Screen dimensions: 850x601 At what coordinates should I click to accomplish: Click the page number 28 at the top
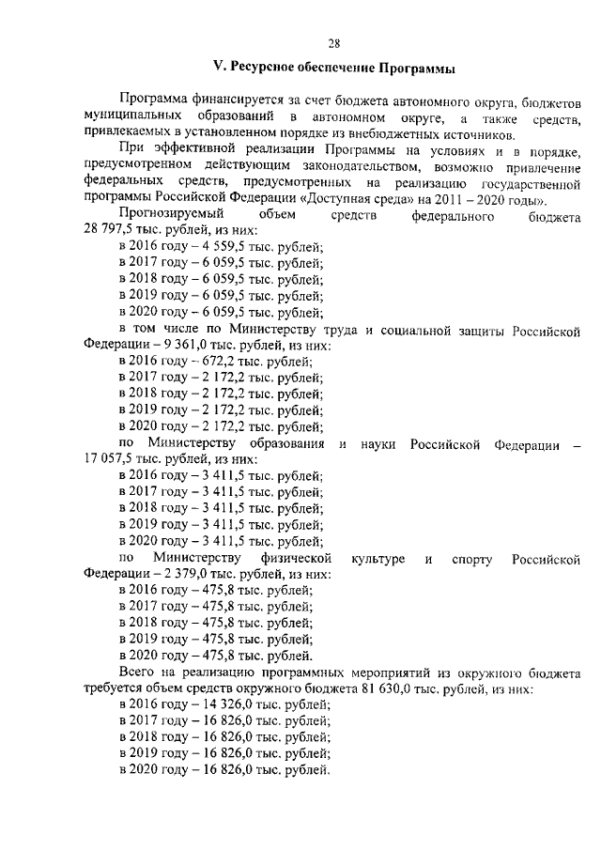pyautogui.click(x=334, y=42)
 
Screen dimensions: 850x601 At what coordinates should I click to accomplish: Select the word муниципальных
pyautogui.click(x=127, y=116)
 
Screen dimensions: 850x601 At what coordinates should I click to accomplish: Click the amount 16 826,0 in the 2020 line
pyautogui.click(x=226, y=770)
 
